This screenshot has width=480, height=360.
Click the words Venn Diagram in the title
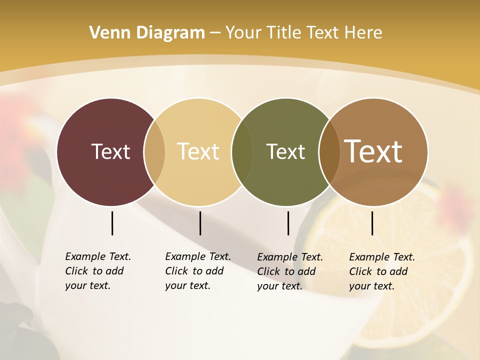(x=147, y=32)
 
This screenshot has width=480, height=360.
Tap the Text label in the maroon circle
(x=110, y=151)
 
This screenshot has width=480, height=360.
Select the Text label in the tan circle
(x=198, y=151)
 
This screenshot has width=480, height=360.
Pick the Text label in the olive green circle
(x=285, y=151)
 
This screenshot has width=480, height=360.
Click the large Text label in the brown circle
(x=373, y=151)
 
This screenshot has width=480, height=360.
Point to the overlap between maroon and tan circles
(x=154, y=151)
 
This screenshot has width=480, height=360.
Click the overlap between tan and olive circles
(x=242, y=151)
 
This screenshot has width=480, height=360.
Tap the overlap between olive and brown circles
(x=329, y=151)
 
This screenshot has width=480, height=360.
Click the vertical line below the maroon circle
(x=112, y=223)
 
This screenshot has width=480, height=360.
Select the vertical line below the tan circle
(x=200, y=223)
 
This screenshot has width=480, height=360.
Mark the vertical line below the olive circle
(x=288, y=223)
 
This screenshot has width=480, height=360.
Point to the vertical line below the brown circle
(x=372, y=223)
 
